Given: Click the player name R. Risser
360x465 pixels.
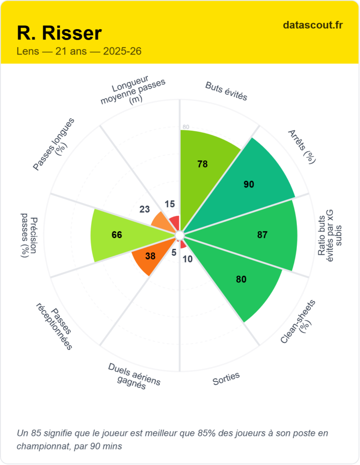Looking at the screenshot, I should click(x=59, y=33).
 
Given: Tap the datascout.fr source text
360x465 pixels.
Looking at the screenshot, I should click(x=313, y=25).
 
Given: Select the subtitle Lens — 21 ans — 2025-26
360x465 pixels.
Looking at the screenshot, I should click(x=79, y=51).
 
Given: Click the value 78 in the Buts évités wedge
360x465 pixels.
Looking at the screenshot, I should click(x=202, y=164).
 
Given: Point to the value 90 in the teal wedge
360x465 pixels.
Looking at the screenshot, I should click(x=249, y=184).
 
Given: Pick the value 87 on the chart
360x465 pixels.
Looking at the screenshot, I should click(x=262, y=235).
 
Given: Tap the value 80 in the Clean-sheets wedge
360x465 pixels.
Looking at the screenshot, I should click(x=241, y=279).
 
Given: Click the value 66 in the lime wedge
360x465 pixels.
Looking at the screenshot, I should click(x=117, y=235).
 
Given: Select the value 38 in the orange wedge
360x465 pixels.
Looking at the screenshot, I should click(x=150, y=256).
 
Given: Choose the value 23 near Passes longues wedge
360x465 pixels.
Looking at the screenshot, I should click(x=144, y=209).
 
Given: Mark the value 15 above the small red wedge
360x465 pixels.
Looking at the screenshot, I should click(x=170, y=204).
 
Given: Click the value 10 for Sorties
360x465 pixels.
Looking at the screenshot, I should click(x=188, y=259).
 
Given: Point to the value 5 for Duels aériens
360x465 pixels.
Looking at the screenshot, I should click(x=174, y=252).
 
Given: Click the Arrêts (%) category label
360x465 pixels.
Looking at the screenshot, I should click(x=302, y=146).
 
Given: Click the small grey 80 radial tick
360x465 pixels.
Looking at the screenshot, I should click(x=186, y=127).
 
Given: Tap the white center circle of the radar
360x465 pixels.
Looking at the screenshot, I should click(x=180, y=235).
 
